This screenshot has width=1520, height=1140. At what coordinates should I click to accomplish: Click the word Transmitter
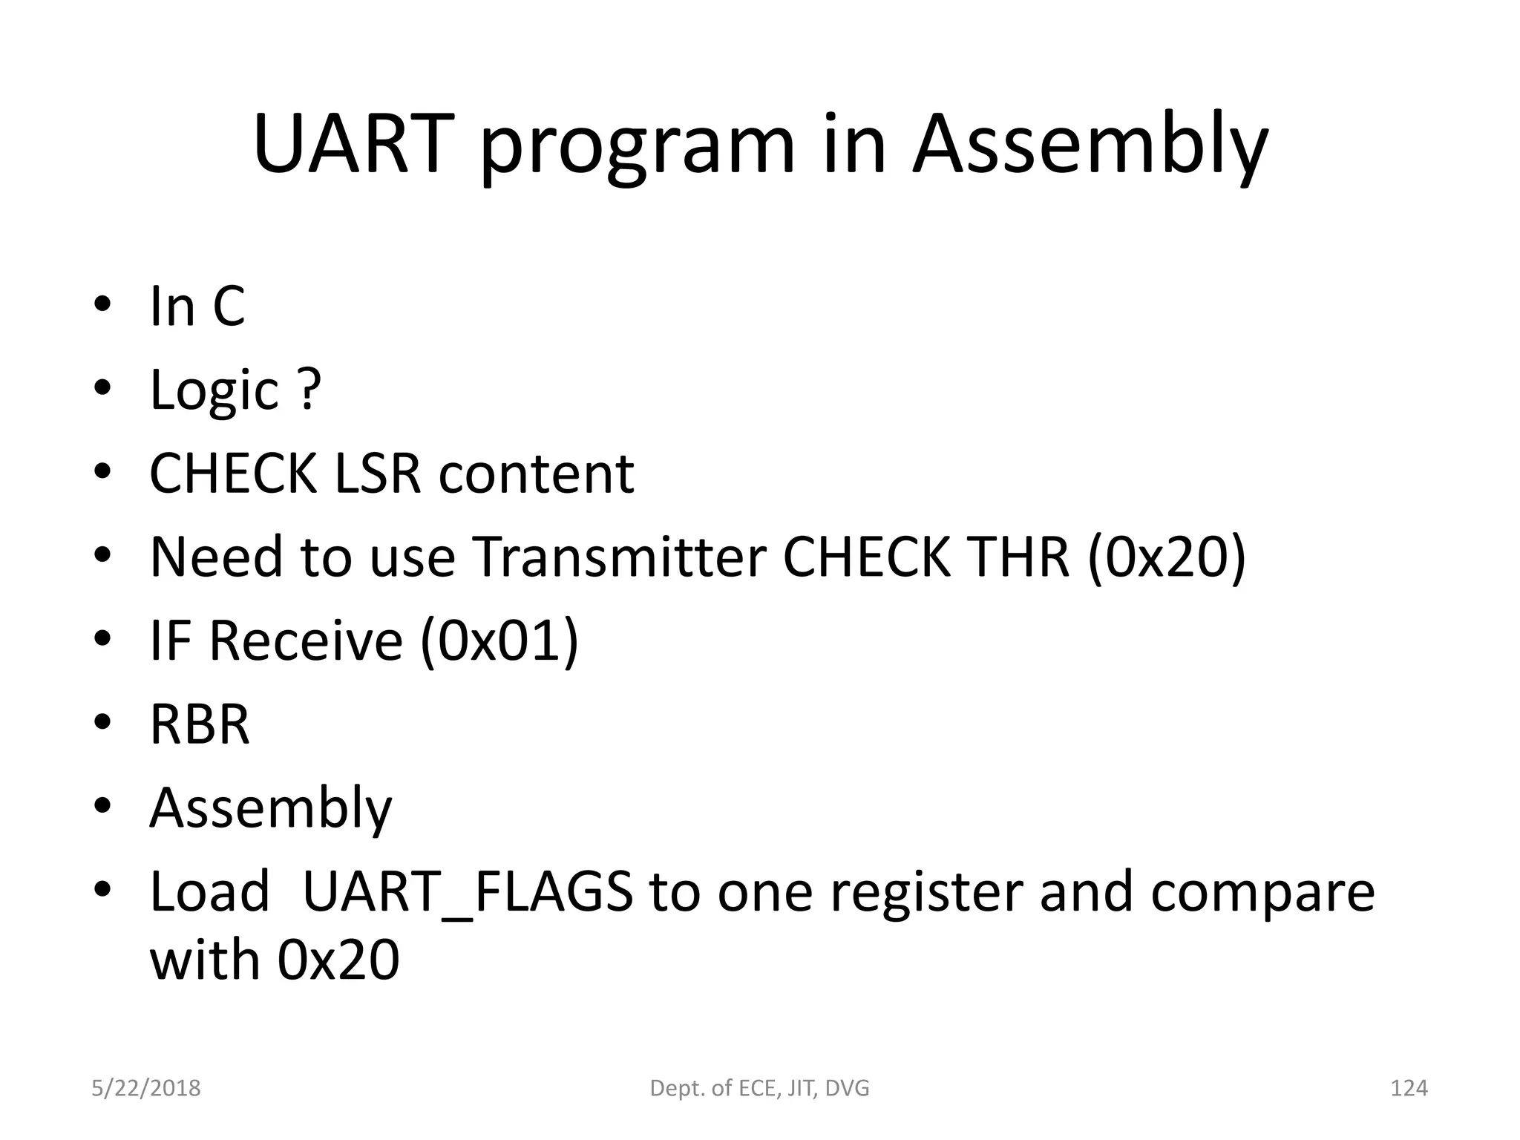[x=620, y=557]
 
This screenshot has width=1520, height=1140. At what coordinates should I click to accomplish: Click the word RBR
[x=200, y=724]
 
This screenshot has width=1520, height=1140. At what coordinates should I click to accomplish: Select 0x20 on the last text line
[x=338, y=960]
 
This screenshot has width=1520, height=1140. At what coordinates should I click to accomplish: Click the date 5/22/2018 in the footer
[x=145, y=1088]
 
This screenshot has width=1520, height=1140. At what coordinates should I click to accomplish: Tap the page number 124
[x=1408, y=1088]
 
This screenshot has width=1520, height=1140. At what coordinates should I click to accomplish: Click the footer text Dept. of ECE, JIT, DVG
[x=759, y=1088]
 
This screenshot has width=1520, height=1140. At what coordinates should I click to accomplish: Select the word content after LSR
[x=536, y=474]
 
